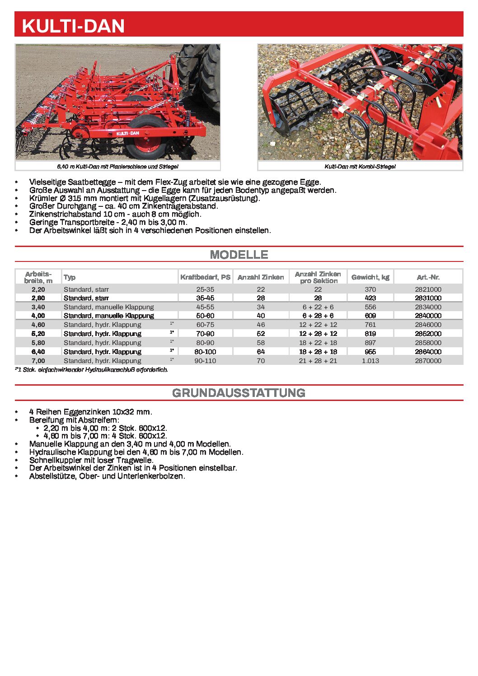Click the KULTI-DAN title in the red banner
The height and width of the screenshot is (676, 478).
[x=73, y=26]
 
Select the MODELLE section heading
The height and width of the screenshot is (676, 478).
[x=239, y=255]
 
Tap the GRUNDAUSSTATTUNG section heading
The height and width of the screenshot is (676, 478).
[x=239, y=393]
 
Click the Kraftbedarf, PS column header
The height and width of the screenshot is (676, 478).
[x=205, y=277]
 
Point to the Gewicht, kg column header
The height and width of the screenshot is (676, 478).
[x=370, y=277]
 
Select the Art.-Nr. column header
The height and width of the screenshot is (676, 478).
[x=428, y=277]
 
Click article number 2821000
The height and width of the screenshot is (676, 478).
[x=428, y=289]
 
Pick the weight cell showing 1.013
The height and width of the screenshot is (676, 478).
[x=370, y=361]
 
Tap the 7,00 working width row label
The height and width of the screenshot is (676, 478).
[x=38, y=361]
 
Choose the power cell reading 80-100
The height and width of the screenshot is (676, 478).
[x=205, y=352]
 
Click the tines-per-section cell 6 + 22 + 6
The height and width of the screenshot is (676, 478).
[x=318, y=307]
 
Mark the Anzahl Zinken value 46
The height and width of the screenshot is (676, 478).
[x=261, y=325]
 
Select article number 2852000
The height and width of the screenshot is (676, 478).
[x=428, y=334]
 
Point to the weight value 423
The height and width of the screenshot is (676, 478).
[x=370, y=298]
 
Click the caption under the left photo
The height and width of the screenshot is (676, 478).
[x=117, y=167]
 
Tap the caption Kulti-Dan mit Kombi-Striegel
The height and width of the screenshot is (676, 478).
[x=360, y=167]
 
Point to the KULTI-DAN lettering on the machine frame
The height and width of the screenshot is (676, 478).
[x=128, y=133]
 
